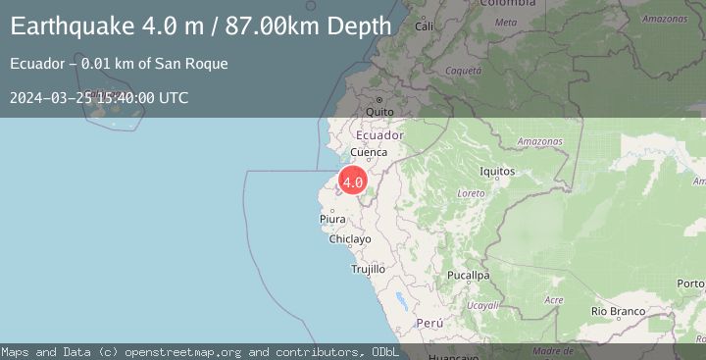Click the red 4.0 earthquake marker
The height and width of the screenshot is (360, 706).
353,181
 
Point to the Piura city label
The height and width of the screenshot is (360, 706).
332,220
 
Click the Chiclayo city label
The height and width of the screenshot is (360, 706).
350,239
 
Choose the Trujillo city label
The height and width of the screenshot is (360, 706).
368,269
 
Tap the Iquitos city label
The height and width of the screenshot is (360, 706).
498,172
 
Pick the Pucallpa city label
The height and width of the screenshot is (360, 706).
468,276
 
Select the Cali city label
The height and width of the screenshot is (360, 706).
425,26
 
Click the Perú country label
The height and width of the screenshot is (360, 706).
430,323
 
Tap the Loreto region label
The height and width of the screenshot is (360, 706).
471,194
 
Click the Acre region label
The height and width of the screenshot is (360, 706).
554,300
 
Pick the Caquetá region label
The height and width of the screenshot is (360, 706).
463,71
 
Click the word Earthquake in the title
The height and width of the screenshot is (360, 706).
76,26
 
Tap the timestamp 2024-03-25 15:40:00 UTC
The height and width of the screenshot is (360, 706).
99,97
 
